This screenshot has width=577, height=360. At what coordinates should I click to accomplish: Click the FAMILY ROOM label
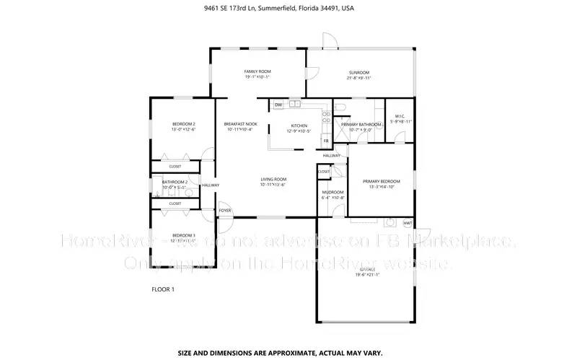[257, 72]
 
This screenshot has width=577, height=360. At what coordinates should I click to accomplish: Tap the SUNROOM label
[359, 73]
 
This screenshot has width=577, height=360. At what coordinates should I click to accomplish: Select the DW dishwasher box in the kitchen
[278, 105]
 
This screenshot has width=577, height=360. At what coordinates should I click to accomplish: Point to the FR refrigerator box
[326, 141]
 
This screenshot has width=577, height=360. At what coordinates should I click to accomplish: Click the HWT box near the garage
[408, 223]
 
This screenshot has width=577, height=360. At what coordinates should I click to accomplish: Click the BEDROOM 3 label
[183, 236]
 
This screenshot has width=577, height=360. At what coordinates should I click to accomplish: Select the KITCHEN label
[298, 126]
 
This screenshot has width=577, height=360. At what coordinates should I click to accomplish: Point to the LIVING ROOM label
[273, 180]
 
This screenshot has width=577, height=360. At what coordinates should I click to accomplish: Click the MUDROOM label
[332, 192]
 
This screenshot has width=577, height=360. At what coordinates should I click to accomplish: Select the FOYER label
[226, 211]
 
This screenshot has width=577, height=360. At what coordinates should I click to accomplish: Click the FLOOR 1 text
[162, 289]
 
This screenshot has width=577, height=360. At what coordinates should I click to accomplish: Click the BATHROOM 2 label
[175, 183]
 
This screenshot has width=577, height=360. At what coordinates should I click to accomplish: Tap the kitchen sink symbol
[294, 105]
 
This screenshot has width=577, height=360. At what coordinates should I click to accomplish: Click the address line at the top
[288, 9]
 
